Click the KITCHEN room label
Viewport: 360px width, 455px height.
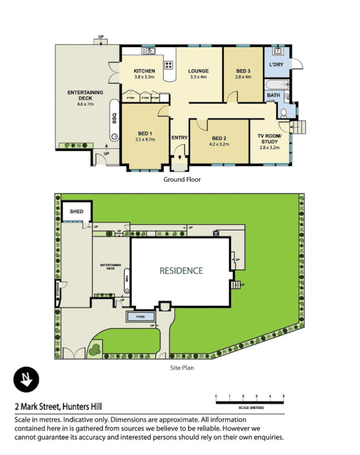coord(144,71)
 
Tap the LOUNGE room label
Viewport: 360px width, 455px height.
coord(198,71)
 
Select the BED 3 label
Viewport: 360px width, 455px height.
coord(243,71)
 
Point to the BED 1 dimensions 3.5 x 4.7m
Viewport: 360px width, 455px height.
coord(145,139)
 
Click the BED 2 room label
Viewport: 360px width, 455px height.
coord(220,138)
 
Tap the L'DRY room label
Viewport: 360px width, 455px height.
coord(276,65)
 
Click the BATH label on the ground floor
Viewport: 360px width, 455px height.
coord(274,96)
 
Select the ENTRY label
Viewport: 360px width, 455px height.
coord(179,138)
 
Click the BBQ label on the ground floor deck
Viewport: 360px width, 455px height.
coord(114,118)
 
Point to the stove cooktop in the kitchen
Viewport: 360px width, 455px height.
coord(169,64)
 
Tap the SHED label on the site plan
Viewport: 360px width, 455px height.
coord(76,212)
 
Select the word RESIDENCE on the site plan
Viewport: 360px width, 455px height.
coord(181,271)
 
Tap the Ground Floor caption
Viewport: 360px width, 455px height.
coord(182,180)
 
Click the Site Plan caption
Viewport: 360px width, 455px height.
coord(182,368)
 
